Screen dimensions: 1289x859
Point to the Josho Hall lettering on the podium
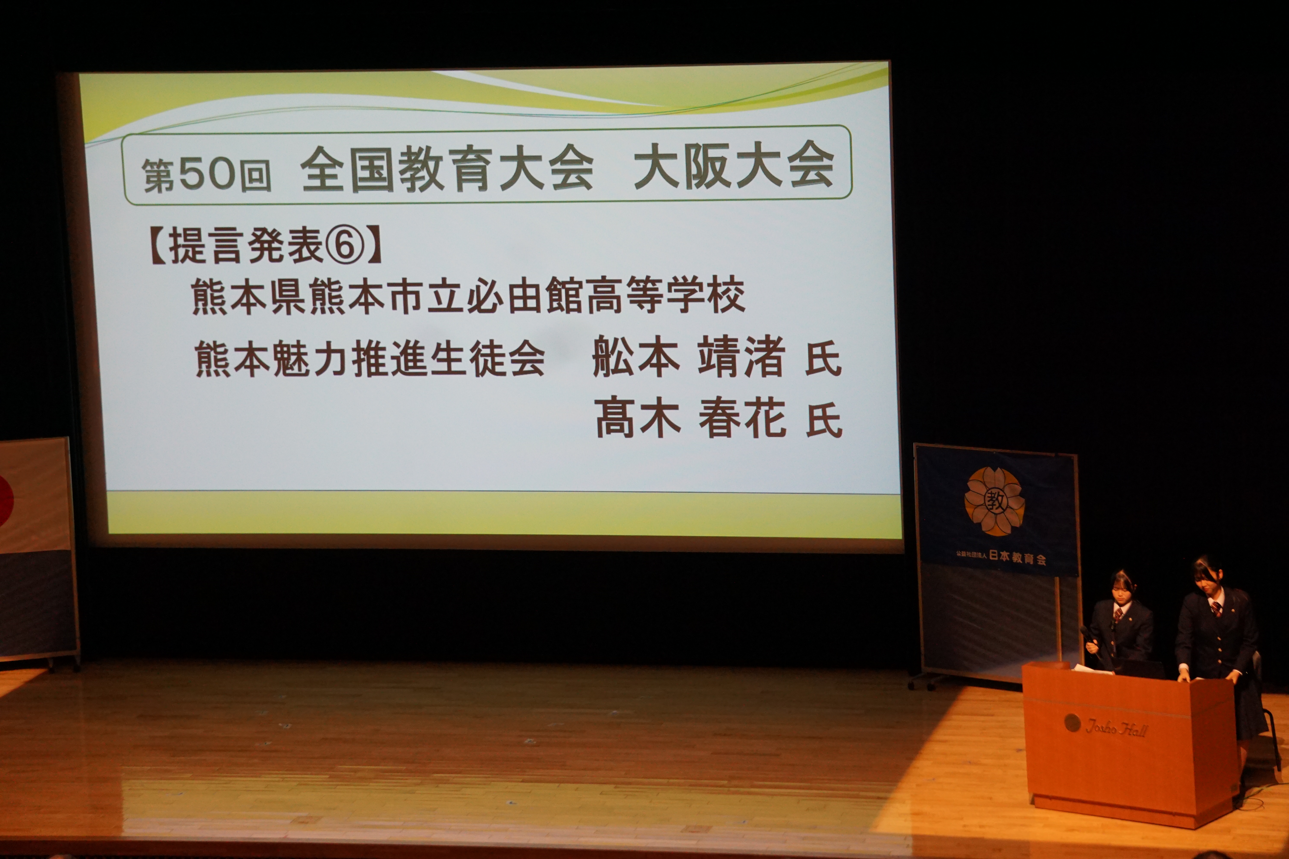(1116, 728)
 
